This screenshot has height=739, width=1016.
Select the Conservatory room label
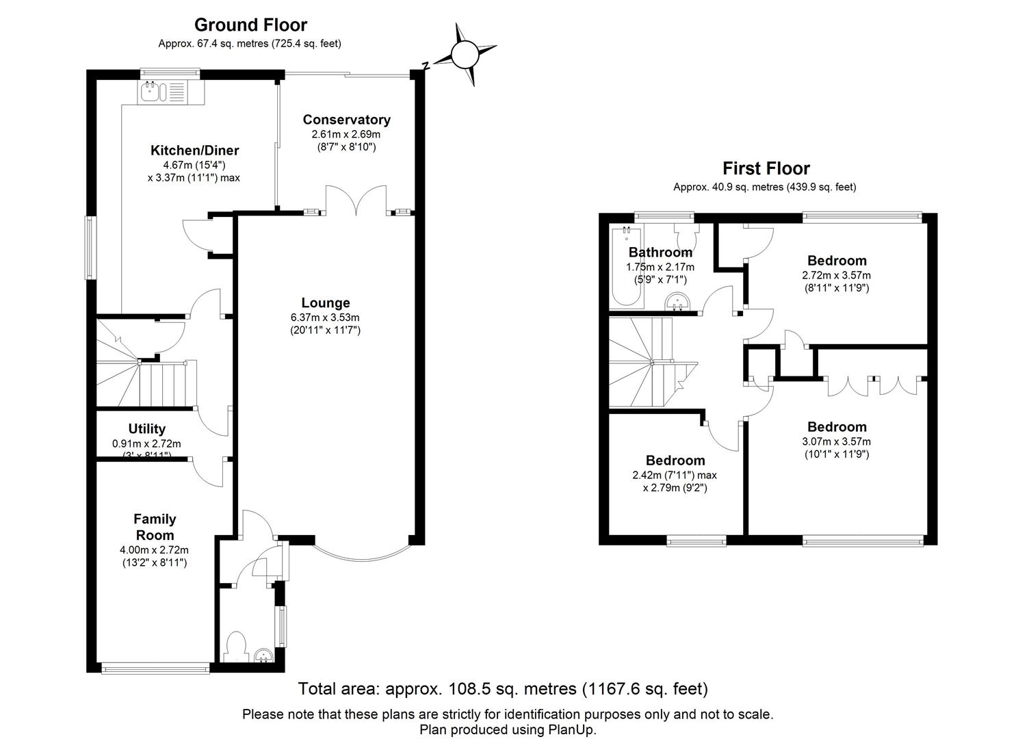pyautogui.click(x=346, y=120)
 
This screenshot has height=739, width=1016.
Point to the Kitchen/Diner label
pyautogui.click(x=194, y=151)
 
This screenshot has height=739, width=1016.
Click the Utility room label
pyautogui.click(x=147, y=428)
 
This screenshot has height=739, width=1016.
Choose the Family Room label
pyautogui.click(x=155, y=527)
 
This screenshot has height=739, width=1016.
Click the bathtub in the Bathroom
pyautogui.click(x=625, y=267)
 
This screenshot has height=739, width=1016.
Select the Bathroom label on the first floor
pyautogui.click(x=660, y=252)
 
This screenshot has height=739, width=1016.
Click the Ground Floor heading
pyautogui.click(x=250, y=25)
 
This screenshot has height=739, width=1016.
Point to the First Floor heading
pyautogui.click(x=766, y=168)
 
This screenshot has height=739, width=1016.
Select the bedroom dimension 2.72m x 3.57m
pyautogui.click(x=836, y=275)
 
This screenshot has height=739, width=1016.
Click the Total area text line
pyautogui.click(x=503, y=688)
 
